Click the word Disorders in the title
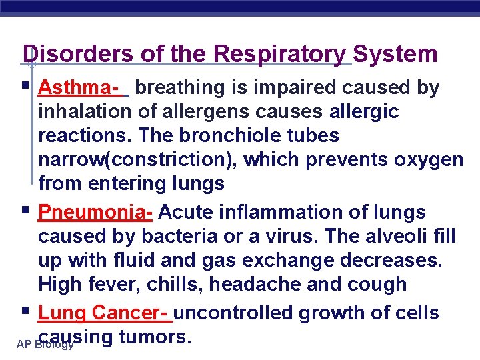coord(69,54)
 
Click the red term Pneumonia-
coord(96,212)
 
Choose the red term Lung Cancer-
coord(105,313)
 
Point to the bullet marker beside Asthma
coord(25,87)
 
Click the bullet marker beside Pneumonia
coord(25,211)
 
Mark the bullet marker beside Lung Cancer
coord(25,312)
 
